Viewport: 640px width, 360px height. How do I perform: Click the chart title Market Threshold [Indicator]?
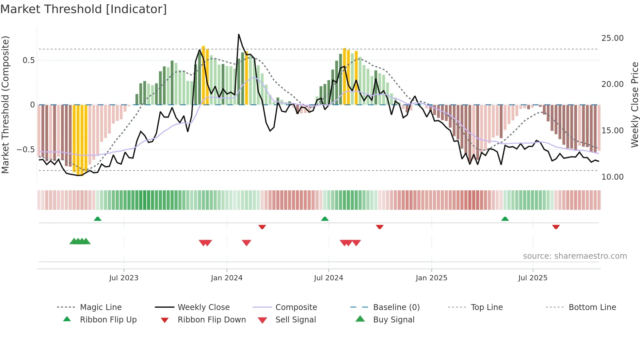[x=84, y=9]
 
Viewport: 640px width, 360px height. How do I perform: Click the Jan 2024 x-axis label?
[x=227, y=278]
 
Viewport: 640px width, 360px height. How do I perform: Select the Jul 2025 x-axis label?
[x=533, y=278]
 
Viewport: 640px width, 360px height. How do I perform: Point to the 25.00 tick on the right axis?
[x=612, y=38]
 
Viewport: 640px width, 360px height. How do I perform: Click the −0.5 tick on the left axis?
[x=25, y=150]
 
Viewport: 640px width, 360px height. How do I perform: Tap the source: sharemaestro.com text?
[x=575, y=256]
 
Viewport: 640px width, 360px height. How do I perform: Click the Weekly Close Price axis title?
[x=634, y=105]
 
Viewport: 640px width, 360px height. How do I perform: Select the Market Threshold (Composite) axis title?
[x=5, y=105]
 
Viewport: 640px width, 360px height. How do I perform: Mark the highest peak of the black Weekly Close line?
[x=239, y=34]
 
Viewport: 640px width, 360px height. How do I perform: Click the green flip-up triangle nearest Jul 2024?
[x=325, y=219]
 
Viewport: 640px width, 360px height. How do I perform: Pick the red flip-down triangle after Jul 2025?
[x=556, y=227]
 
